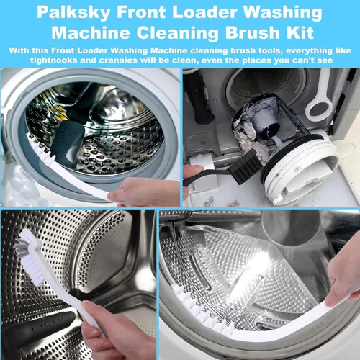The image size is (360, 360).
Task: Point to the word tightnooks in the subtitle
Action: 54,60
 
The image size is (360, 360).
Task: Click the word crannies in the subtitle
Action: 118,60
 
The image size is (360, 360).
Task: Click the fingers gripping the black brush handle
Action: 192,179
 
